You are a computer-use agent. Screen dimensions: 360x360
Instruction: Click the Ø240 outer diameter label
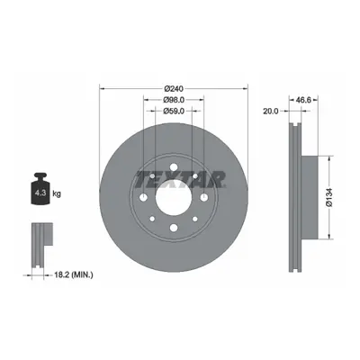coord(174,88)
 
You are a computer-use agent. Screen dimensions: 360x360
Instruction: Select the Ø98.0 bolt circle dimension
coord(174,100)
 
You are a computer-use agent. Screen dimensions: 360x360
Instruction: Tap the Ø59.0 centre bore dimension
coord(174,112)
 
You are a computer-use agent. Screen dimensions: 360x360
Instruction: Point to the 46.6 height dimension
coord(303,100)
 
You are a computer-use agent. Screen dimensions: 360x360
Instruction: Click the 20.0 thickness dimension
coord(271,112)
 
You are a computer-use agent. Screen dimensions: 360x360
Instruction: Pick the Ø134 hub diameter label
coord(329,197)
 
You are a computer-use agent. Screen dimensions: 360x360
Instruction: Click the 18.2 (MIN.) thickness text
coord(74,274)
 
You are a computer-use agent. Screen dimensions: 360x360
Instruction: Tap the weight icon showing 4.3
coord(40,189)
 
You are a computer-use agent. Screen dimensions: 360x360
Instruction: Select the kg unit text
coord(57,193)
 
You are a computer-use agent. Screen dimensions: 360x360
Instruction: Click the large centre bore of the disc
coord(174,198)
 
